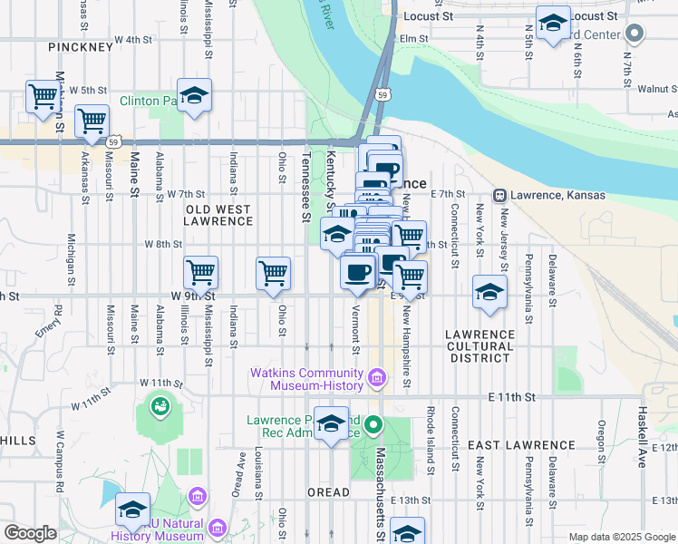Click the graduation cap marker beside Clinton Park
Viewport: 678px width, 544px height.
[194, 96]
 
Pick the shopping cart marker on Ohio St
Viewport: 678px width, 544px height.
[273, 273]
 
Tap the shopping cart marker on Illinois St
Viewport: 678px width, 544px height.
[200, 272]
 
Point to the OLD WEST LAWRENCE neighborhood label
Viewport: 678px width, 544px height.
[218, 215]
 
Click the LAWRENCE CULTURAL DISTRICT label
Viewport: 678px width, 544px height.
[479, 346]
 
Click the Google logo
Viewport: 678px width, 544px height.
[30, 533]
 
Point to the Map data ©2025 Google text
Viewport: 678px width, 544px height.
[621, 537]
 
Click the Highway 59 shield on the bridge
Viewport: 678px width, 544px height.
[384, 94]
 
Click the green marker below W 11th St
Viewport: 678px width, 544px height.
[160, 405]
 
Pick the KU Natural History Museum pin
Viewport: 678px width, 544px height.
[217, 527]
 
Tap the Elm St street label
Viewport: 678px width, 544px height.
[413, 38]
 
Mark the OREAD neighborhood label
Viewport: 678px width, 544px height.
[328, 492]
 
